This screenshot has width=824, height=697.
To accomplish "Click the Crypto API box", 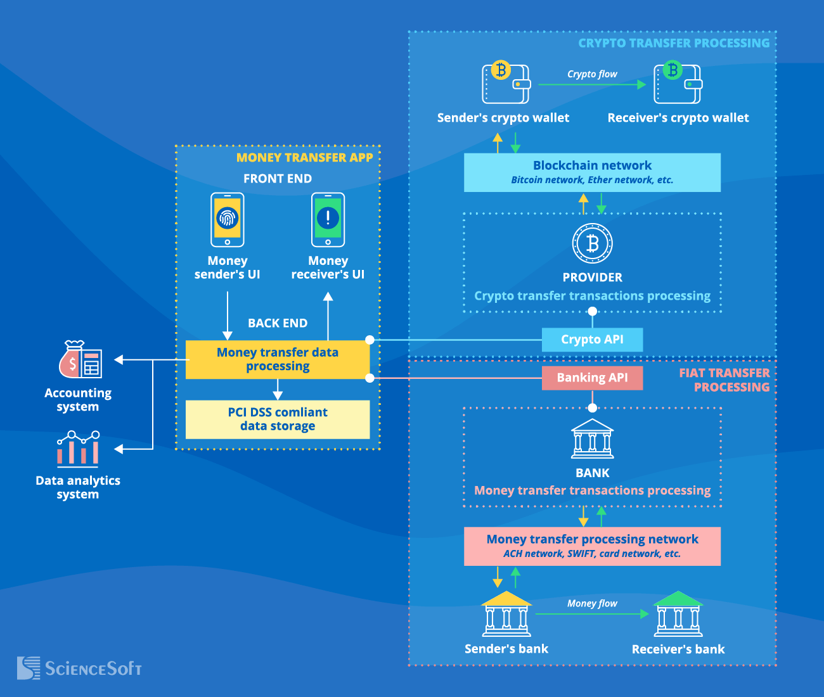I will click(x=592, y=340).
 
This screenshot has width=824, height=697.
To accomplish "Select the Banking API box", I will click(x=592, y=378).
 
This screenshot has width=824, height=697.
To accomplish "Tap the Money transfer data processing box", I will click(x=278, y=359).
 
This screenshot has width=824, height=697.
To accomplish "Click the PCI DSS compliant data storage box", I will click(x=278, y=419).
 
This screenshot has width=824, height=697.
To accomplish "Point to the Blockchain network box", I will click(x=592, y=172).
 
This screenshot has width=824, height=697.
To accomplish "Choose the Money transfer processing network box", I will click(x=592, y=546).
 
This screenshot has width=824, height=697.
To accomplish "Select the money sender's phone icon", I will click(x=227, y=220).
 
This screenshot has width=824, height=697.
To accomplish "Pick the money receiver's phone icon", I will click(x=328, y=220).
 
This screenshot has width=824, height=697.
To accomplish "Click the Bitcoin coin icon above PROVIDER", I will click(x=592, y=243).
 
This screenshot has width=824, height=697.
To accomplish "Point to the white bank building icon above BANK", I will click(x=592, y=438).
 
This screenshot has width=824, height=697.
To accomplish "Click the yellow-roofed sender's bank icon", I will click(x=506, y=614).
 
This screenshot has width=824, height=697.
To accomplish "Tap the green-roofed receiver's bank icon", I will click(x=678, y=614).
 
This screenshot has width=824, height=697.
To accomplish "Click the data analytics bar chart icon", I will click(x=78, y=448).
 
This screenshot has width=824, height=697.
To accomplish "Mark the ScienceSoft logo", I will click(x=79, y=668).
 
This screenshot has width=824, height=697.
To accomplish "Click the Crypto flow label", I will click(x=592, y=74).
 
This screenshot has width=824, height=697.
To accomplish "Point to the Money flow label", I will click(x=592, y=603).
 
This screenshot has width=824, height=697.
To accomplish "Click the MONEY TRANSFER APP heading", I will click(x=304, y=158).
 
